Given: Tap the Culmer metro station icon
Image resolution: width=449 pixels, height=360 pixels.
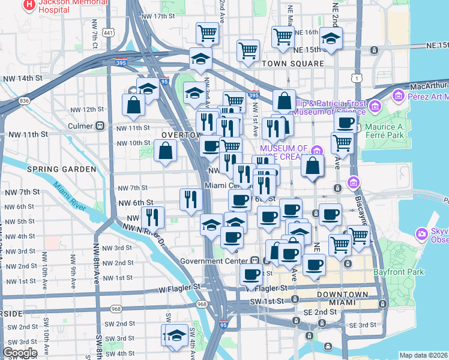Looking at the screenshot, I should (100, 126).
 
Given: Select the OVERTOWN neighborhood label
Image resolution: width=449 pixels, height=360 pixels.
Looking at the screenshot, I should (179, 135).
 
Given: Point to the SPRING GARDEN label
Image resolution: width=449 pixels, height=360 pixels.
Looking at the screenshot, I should (61, 169).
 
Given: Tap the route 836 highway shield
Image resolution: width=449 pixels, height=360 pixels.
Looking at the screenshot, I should (24, 101).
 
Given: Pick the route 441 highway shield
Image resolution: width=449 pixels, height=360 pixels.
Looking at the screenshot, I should (109, 32).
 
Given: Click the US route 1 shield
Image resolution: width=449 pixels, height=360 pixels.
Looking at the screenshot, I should (357, 78).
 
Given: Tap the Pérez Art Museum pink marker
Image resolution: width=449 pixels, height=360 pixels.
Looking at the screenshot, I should (397, 95).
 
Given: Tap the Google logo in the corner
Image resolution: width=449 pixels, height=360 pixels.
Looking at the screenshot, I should (19, 353).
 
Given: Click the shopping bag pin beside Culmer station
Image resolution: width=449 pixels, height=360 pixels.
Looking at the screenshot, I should (133, 104).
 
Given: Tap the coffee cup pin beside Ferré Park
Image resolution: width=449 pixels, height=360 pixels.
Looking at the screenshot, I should (345, 123).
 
